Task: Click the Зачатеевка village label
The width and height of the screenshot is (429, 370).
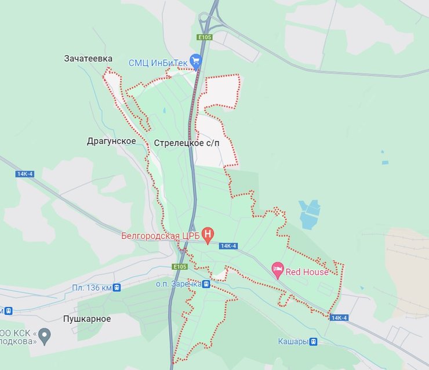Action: click(89, 59)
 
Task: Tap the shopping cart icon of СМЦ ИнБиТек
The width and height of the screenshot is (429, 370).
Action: click(196, 59)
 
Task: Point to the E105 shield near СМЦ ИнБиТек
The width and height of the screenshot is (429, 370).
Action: click(205, 37)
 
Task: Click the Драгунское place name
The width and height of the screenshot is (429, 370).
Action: click(111, 141)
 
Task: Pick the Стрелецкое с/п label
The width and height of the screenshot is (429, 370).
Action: click(187, 143)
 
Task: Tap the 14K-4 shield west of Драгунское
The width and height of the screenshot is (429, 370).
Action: click(25, 174)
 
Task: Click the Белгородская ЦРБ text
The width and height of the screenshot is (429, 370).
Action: click(161, 235)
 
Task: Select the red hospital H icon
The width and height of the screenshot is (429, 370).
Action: click(209, 235)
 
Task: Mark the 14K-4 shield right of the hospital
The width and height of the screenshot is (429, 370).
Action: click(228, 246)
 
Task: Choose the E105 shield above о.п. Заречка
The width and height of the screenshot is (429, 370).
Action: click(180, 267)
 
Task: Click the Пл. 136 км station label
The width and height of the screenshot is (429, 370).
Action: click(92, 287)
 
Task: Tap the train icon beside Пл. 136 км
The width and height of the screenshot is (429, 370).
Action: click(117, 287)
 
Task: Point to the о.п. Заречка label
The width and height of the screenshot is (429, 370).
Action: click(177, 284)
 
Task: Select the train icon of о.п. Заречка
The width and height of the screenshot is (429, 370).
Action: click(206, 284)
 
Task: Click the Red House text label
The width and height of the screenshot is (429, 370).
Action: click(307, 272)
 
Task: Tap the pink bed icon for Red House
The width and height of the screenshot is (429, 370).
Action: click(278, 269)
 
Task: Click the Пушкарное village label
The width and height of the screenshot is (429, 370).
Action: click(87, 318)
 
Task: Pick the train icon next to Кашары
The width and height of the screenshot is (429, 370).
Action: click(314, 342)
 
